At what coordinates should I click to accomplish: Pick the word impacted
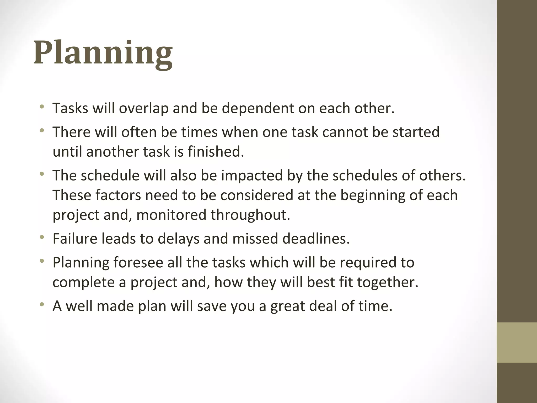point(252,175)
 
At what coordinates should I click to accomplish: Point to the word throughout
point(250,215)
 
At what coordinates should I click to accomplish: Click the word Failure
point(75,239)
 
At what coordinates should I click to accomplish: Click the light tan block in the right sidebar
point(517,342)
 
